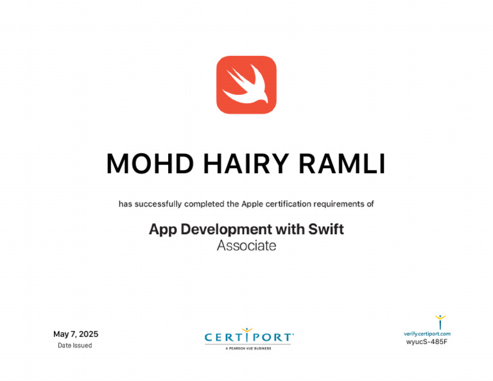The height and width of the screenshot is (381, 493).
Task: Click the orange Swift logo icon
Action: point(246,85)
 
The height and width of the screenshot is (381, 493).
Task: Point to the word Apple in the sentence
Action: point(252,204)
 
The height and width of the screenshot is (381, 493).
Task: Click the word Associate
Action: point(246,246)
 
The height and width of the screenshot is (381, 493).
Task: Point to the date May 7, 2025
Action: point(76,334)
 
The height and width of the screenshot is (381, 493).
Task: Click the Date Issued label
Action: point(75,346)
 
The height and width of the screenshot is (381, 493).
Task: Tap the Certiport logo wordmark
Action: point(249,337)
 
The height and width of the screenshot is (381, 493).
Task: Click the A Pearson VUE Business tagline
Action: point(248,348)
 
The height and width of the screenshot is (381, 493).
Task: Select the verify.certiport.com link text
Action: point(427,334)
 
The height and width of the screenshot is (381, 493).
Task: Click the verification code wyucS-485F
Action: point(427,342)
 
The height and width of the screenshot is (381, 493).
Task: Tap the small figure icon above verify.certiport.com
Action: point(440,321)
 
